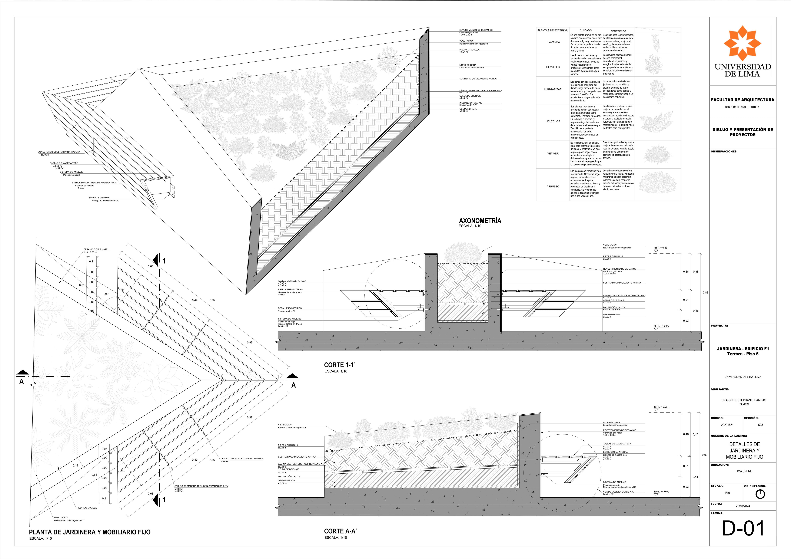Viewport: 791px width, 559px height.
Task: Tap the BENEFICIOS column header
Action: coord(618,31)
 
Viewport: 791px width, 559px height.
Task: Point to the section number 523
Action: coord(760,425)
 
